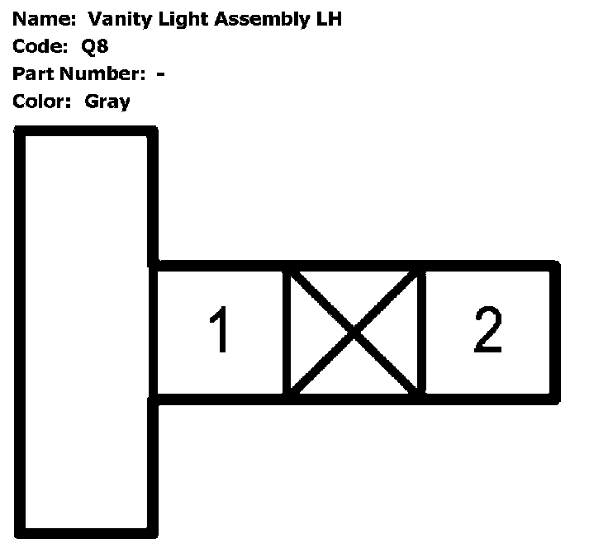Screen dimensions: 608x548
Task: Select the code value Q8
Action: pos(96,46)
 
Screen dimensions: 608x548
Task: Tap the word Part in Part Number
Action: pos(31,74)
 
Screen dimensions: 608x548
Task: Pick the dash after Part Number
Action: pos(160,74)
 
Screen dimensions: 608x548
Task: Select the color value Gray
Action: pos(107,102)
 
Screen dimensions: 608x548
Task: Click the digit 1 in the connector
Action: pos(220,330)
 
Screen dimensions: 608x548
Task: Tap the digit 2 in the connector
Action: pos(488,329)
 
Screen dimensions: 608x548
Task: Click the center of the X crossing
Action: pos(354,332)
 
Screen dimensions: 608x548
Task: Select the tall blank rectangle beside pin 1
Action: pos(86,330)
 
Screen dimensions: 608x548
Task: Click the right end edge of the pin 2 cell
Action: pos(555,332)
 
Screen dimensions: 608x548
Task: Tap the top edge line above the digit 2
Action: pos(488,266)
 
